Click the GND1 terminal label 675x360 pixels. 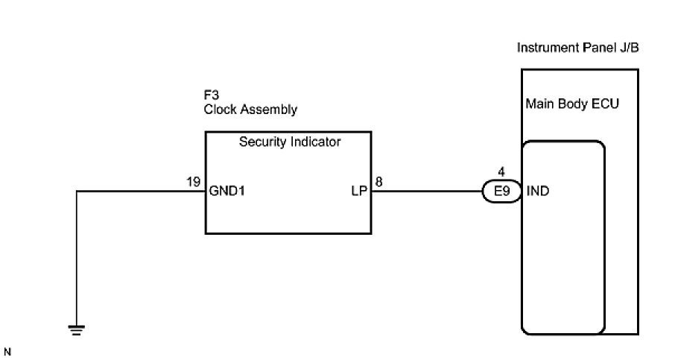click(x=228, y=192)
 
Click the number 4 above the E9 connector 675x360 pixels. click(x=501, y=172)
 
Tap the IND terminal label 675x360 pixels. click(x=539, y=192)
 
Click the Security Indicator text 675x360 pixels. click(x=289, y=142)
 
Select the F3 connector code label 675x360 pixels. click(x=212, y=95)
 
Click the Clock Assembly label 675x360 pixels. click(x=250, y=110)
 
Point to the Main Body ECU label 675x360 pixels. click(x=572, y=103)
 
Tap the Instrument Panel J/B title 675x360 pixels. click(x=578, y=48)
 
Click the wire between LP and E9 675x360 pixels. click(x=428, y=192)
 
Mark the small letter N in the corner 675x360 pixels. click(x=8, y=350)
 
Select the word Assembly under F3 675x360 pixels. click(x=267, y=110)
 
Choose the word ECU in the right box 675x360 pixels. click(x=606, y=103)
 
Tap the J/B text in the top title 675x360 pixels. click(x=629, y=48)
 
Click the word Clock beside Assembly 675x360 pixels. click(x=219, y=110)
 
